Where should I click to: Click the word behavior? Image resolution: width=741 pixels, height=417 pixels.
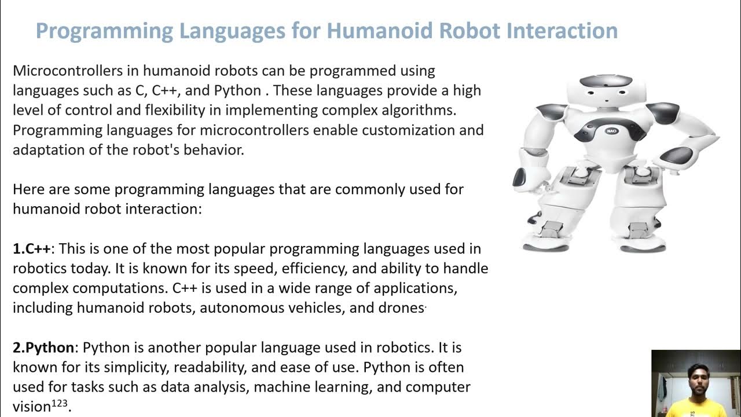215,149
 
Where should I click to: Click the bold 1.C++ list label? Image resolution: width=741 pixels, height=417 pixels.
32,248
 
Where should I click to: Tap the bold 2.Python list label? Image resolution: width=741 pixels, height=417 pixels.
43,348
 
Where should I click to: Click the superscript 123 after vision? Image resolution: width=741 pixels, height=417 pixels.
60,403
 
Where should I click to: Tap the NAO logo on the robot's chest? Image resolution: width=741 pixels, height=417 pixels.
611,130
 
